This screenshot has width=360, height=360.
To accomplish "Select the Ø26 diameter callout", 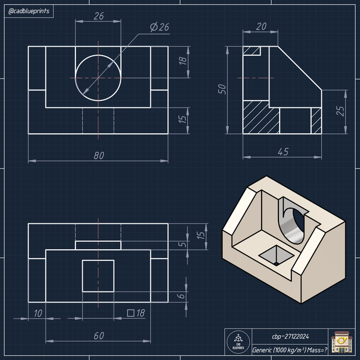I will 160,27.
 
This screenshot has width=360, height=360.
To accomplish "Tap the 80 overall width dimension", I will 98,156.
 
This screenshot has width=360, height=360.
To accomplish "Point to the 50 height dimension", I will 222,89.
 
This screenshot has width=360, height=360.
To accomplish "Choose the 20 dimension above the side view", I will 261,26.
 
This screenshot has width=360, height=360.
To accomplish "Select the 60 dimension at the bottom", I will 98,336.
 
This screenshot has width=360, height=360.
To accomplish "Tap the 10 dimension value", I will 37,313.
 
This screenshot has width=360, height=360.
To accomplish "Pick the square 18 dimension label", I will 136,313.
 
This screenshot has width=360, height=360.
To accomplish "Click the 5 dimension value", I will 181,245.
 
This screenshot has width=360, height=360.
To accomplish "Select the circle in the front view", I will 98,78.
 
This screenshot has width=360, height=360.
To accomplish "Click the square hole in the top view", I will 98,276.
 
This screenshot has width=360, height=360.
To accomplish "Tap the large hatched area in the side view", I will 261,116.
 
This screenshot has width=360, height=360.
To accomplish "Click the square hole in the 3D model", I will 276,255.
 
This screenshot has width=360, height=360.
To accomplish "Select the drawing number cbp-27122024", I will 290,336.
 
